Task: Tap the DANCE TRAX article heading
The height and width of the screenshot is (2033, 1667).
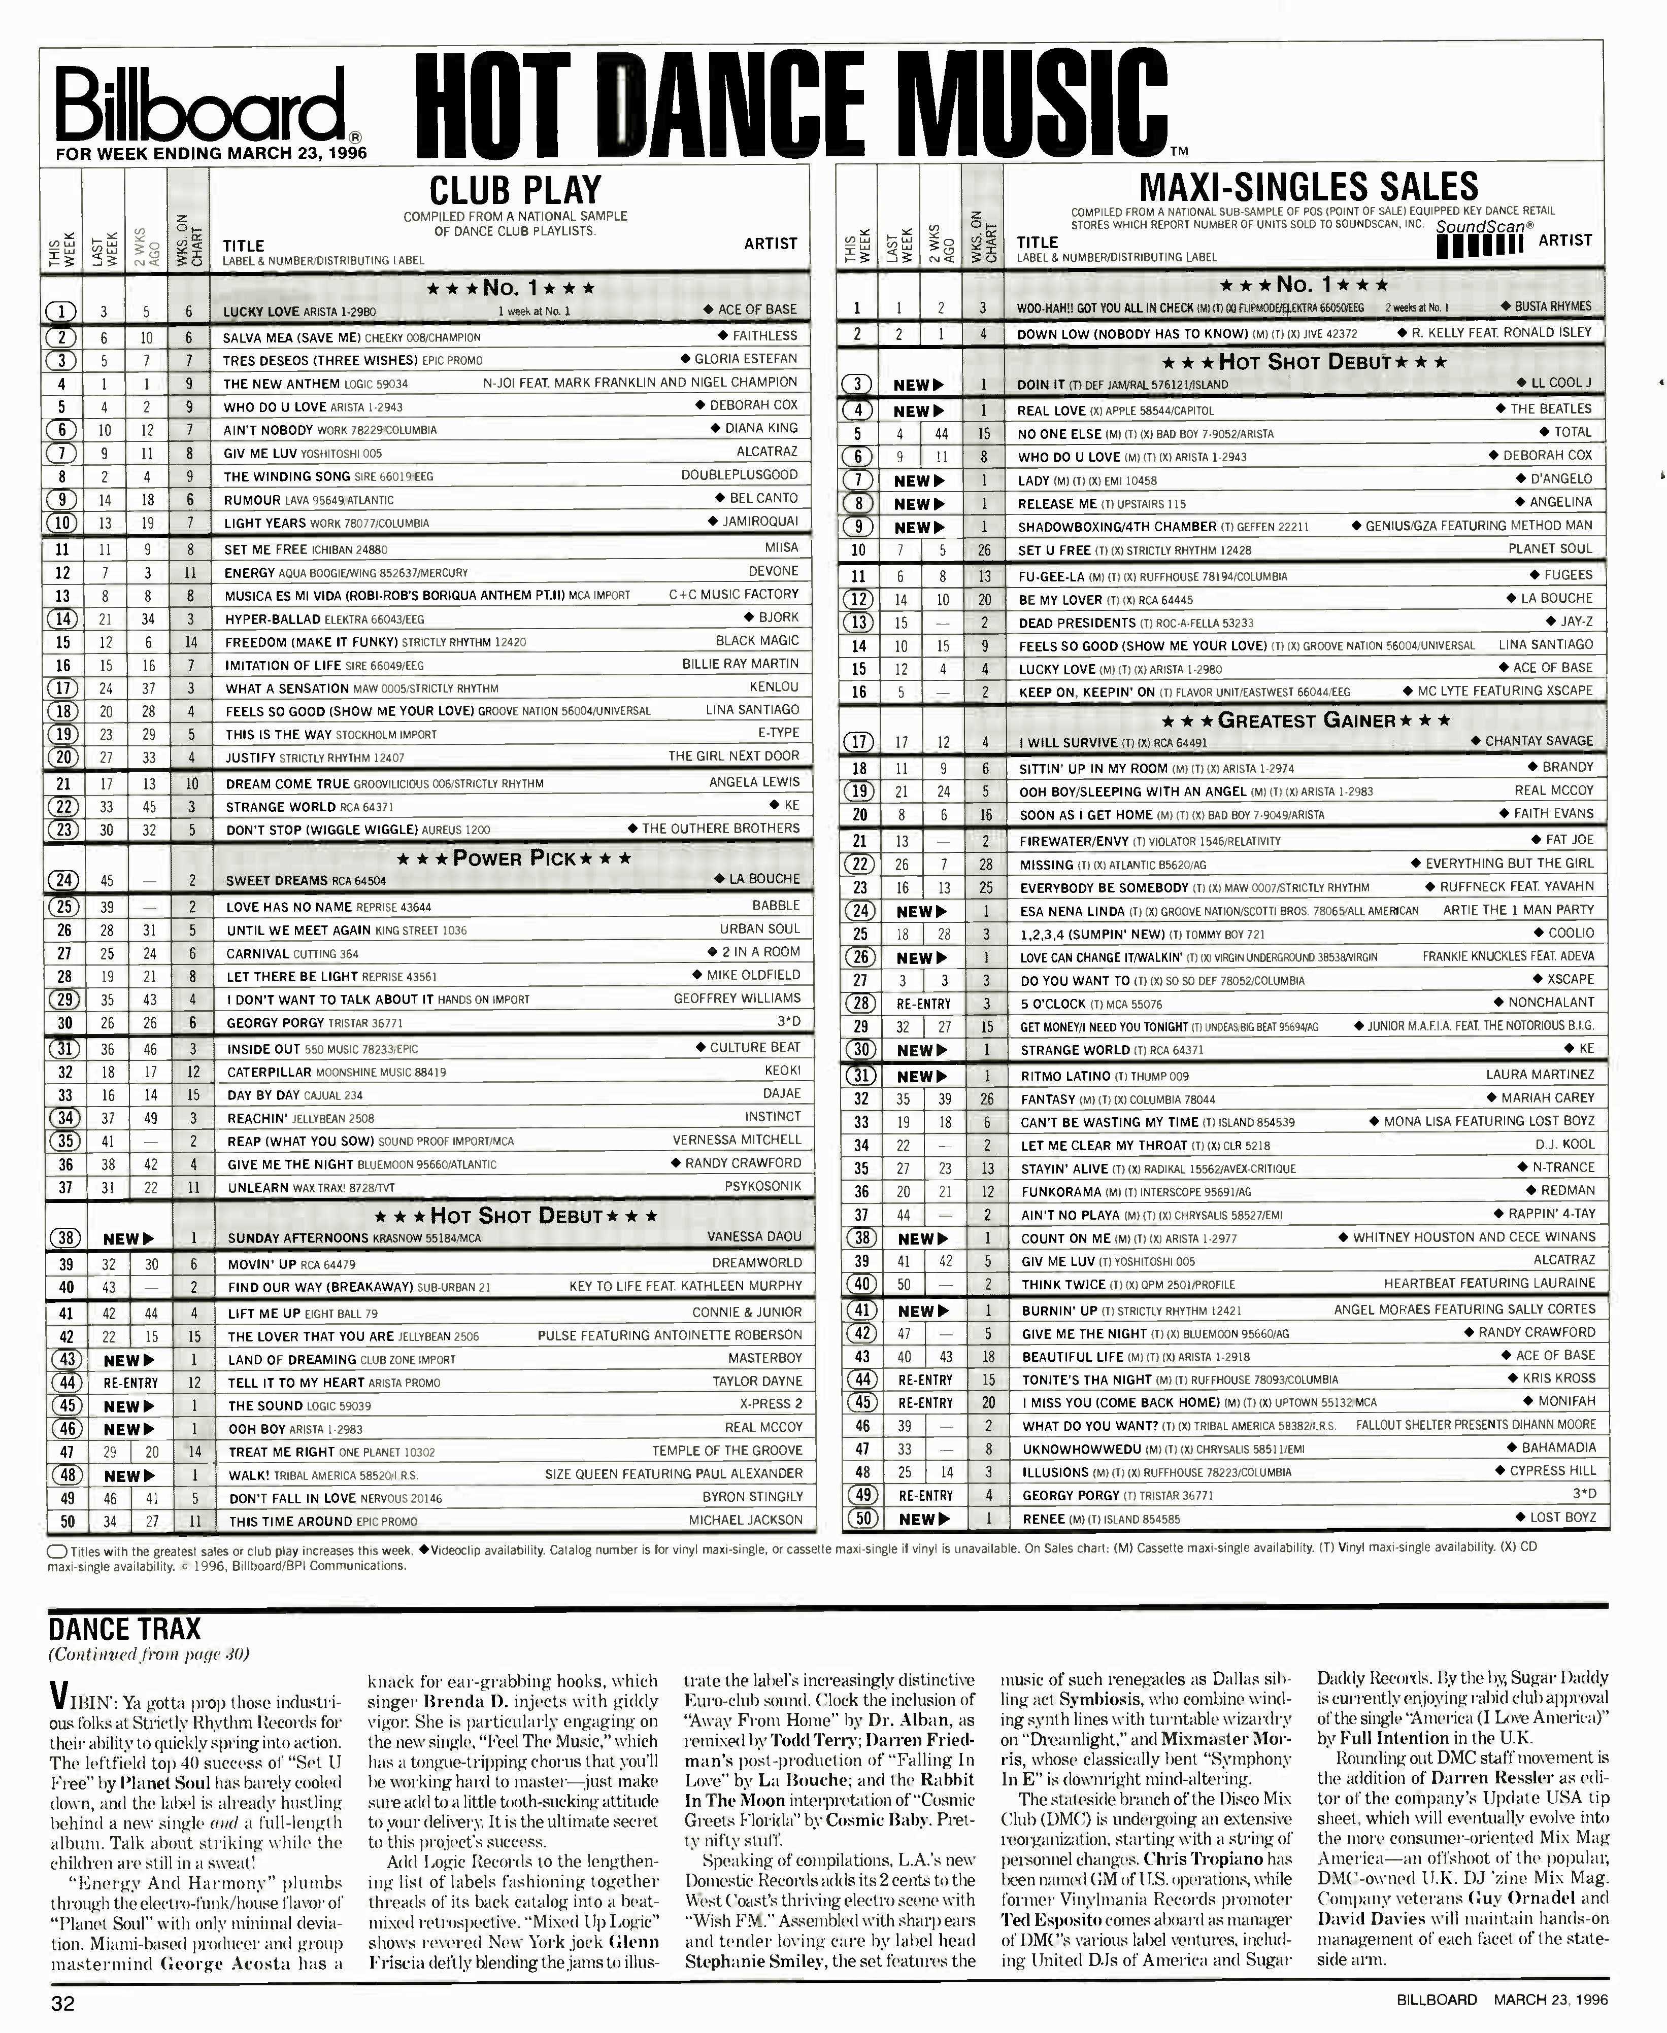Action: [125, 1630]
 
